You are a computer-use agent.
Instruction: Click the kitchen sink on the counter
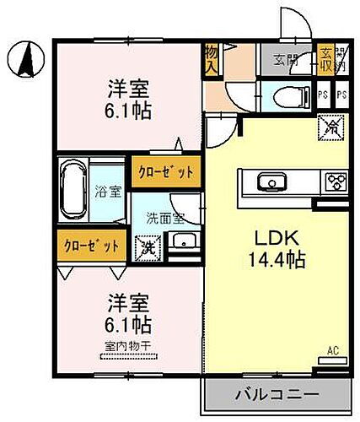270,181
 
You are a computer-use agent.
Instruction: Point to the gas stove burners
335,181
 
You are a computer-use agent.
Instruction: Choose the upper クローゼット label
165,170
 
